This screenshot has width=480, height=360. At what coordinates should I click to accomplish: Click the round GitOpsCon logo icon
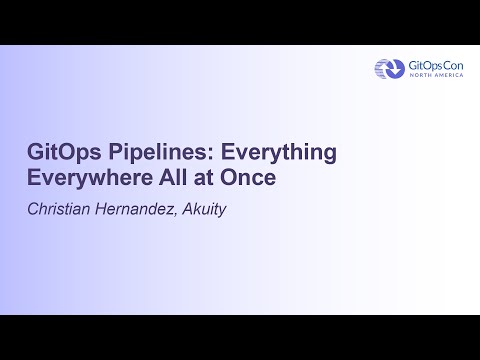tap(387, 68)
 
